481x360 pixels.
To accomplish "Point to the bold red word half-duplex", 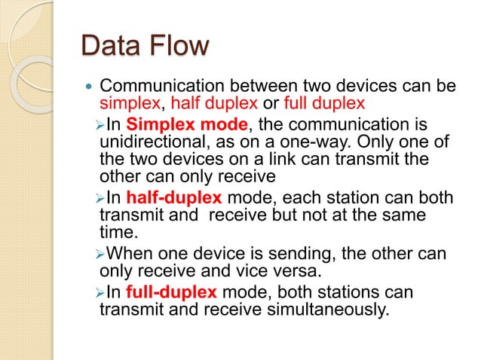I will [x=174, y=198].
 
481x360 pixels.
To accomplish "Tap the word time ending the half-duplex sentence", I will [x=118, y=233].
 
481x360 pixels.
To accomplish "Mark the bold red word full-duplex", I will [x=172, y=291].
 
